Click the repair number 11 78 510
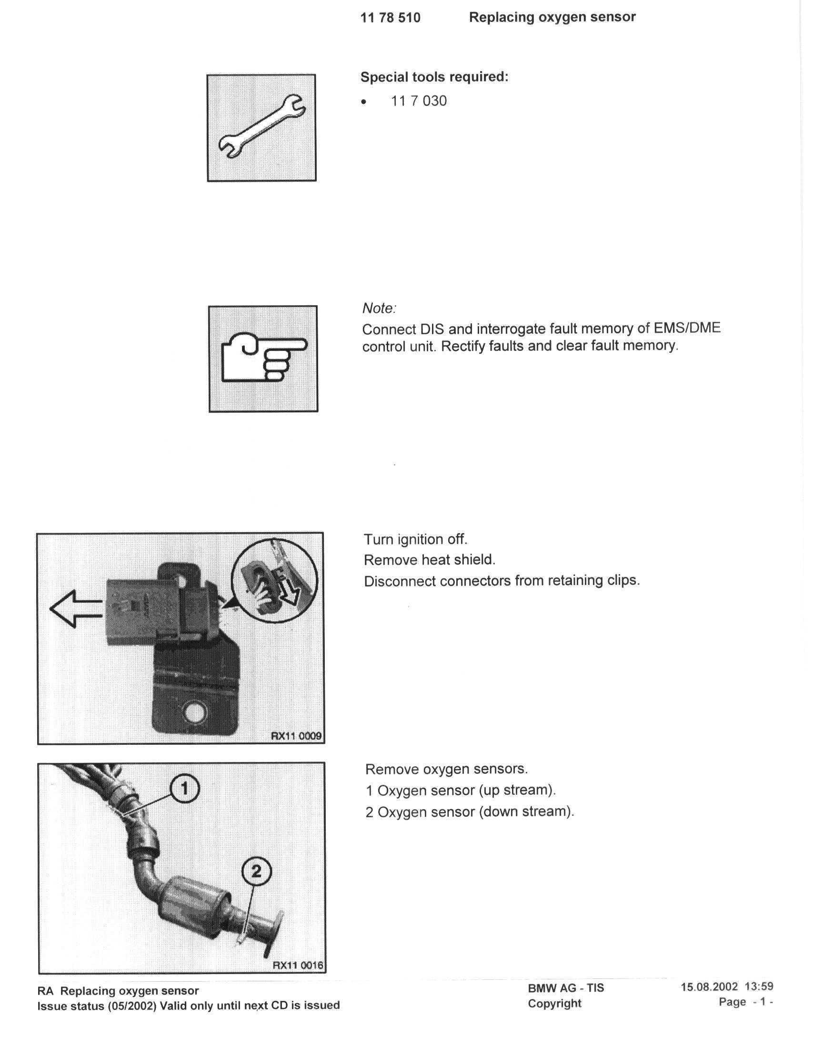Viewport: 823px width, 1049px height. [390, 18]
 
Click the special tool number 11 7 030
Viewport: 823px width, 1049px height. [419, 101]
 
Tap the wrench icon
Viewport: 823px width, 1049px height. [261, 128]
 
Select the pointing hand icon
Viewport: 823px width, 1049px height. [263, 359]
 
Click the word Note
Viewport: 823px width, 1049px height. [379, 308]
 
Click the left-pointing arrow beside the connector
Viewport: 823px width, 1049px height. [75, 609]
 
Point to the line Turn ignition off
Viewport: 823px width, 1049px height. [415, 539]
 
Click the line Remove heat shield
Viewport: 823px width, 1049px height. [429, 560]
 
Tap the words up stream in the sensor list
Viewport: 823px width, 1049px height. [526, 790]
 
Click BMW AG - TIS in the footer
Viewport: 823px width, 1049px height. [566, 988]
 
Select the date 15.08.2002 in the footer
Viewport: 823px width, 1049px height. [709, 987]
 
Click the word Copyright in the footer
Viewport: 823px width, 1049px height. [554, 1004]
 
